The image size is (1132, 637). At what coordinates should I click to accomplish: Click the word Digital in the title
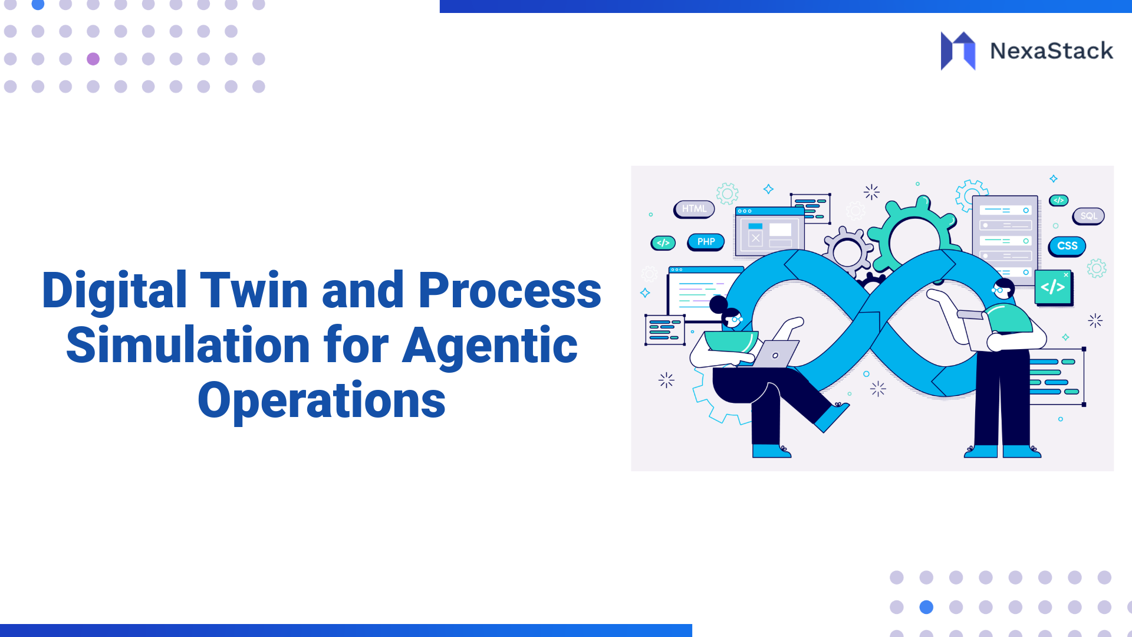tap(115, 290)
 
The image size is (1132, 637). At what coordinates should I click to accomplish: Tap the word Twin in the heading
tap(254, 290)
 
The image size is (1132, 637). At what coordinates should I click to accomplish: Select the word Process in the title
tap(510, 290)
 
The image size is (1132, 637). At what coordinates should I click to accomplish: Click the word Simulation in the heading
tap(188, 345)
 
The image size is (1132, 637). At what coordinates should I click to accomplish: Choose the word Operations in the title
tap(321, 401)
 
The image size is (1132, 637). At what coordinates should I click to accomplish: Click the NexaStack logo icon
tap(958, 51)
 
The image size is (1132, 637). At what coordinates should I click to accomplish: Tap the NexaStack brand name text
tap(1052, 51)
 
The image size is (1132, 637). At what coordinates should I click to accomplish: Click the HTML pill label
tap(694, 209)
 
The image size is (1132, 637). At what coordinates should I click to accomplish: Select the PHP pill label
tap(706, 242)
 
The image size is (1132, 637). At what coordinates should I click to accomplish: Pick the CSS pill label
tap(1067, 246)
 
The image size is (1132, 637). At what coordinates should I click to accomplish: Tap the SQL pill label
tap(1088, 216)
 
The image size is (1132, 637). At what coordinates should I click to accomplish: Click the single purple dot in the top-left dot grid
tap(93, 59)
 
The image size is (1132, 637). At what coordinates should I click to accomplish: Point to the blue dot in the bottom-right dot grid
tap(926, 607)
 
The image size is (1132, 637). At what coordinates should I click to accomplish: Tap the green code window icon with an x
tap(1053, 287)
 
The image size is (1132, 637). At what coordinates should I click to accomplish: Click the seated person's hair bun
tap(718, 304)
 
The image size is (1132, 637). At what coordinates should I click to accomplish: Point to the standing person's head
tap(1002, 288)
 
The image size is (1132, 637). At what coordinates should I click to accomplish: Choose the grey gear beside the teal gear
tap(848, 252)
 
